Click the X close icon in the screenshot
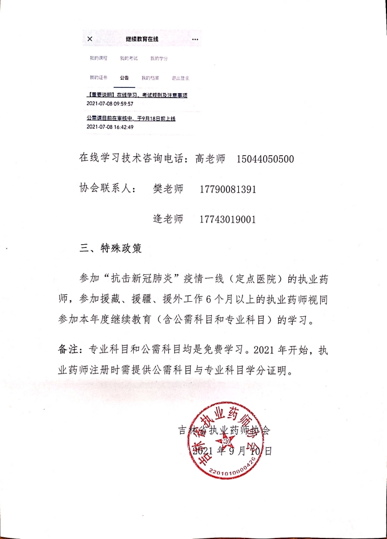[89, 39]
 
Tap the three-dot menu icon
[195, 39]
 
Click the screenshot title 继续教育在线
[142, 39]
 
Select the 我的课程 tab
[99, 58]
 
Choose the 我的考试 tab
[129, 58]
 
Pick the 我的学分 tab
[159, 58]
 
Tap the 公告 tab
[124, 78]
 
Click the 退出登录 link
[180, 78]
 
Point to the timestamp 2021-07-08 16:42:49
[110, 127]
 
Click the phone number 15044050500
[265, 159]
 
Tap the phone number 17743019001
[227, 219]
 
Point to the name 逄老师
[168, 219]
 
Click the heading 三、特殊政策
[112, 248]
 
